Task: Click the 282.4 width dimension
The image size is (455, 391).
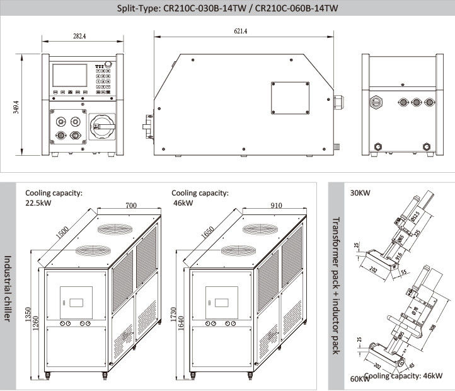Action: (x=79, y=37)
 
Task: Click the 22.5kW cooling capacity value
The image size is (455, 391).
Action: (x=39, y=203)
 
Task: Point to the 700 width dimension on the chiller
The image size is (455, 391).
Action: (x=130, y=206)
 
